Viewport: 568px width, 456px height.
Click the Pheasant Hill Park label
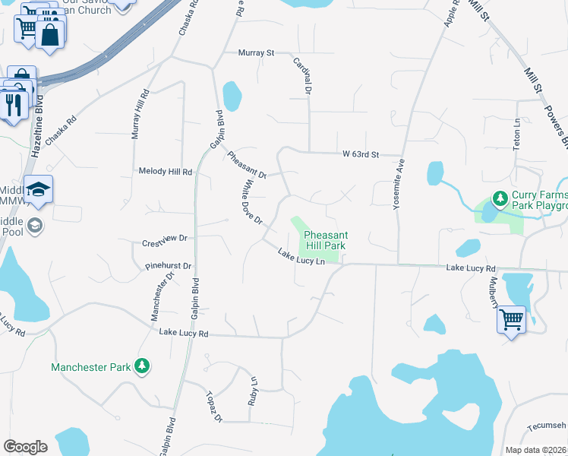pos(325,240)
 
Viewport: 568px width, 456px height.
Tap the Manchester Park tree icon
pos(141,366)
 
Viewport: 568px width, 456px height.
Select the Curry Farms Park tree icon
pos(500,199)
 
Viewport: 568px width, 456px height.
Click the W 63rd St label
pos(360,154)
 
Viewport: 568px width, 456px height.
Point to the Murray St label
pos(256,53)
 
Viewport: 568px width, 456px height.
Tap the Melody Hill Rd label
pos(166,172)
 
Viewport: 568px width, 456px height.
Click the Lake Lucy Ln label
pos(301,258)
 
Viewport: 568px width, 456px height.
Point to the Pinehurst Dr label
pos(169,267)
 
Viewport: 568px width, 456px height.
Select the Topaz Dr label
pos(213,407)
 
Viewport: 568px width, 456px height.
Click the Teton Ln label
pos(517,133)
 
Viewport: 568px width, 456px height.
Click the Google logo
pos(25,447)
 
